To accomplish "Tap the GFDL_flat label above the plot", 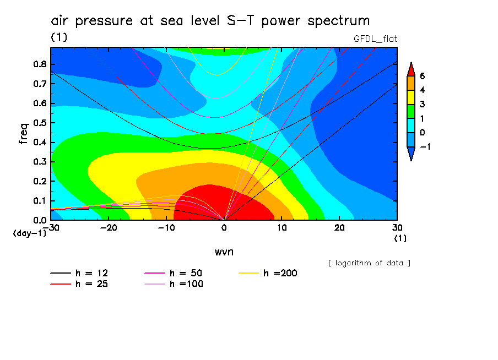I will [375, 39].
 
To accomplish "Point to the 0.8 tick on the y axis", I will [39, 64].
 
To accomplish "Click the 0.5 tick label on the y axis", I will [39, 123].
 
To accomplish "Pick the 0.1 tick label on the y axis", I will [39, 201].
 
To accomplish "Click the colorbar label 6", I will [422, 76].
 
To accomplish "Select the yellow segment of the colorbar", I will [410, 97].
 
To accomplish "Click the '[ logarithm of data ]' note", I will [369, 263].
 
